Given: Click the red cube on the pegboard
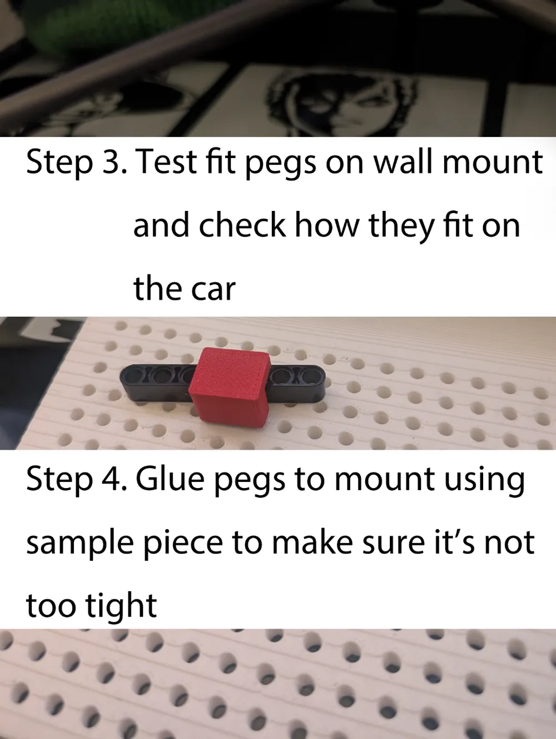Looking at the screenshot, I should (230, 384).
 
